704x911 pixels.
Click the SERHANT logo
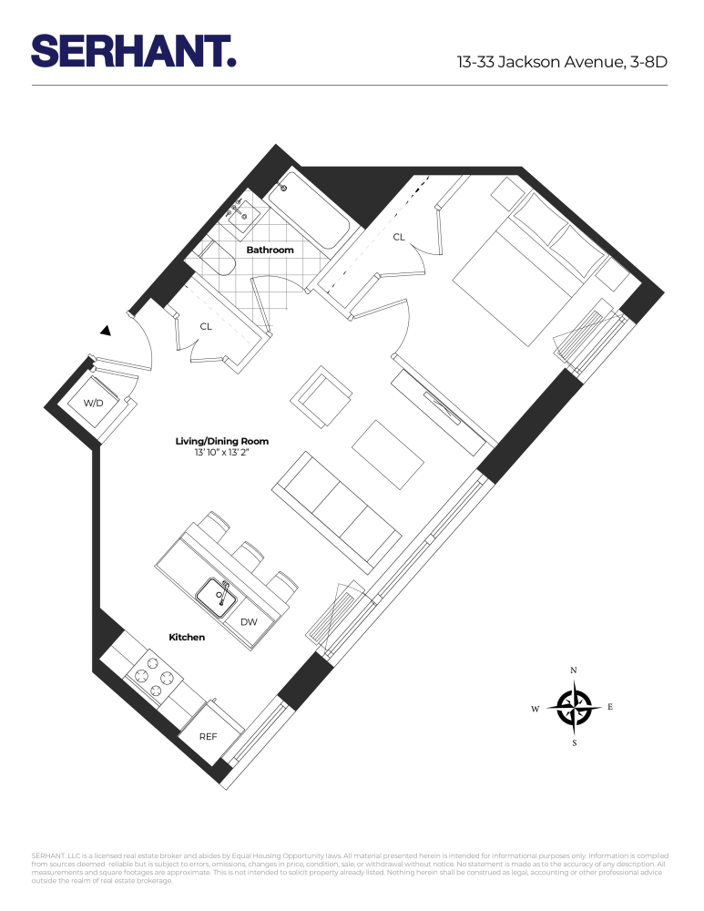coord(134,51)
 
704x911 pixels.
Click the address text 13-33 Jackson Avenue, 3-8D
coord(562,63)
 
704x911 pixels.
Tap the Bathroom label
coord(270,250)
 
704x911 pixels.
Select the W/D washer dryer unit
coord(94,404)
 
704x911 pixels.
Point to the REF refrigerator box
coord(209,735)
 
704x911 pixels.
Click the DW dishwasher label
coord(249,622)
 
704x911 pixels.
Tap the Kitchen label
coord(187,638)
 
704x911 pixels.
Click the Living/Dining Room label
coord(221,441)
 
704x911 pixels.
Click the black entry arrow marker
coord(107,331)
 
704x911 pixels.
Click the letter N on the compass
coord(574,670)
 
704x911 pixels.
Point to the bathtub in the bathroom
coord(310,210)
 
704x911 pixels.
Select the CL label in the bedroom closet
coord(398,237)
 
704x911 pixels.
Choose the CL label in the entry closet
coord(206,325)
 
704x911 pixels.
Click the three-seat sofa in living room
coord(337,514)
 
